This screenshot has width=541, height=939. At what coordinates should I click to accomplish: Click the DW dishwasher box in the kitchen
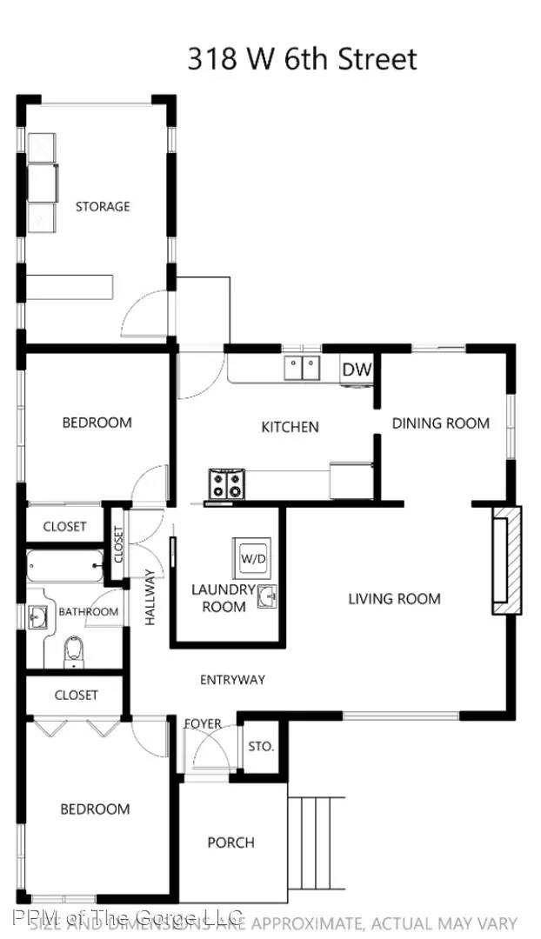pyautogui.click(x=357, y=370)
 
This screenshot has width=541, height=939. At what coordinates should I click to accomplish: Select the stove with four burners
pyautogui.click(x=226, y=483)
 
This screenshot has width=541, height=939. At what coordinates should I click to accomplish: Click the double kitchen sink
pyautogui.click(x=302, y=369)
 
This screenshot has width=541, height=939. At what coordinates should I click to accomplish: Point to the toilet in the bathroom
pyautogui.click(x=75, y=652)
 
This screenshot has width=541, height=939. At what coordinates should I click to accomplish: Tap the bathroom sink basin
pyautogui.click(x=38, y=618)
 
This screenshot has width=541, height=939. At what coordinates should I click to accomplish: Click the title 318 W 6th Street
pyautogui.click(x=302, y=58)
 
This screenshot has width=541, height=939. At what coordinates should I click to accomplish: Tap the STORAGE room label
pyautogui.click(x=103, y=206)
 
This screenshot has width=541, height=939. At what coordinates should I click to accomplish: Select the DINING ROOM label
pyautogui.click(x=440, y=423)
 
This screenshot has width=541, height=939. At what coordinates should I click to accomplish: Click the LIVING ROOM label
pyautogui.click(x=394, y=598)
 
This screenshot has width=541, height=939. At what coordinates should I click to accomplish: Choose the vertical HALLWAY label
pyautogui.click(x=150, y=597)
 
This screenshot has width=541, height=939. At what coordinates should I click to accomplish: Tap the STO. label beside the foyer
pyautogui.click(x=261, y=746)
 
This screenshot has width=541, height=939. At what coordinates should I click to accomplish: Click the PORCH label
pyautogui.click(x=231, y=842)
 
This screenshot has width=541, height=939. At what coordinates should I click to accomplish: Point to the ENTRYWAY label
pyautogui.click(x=232, y=679)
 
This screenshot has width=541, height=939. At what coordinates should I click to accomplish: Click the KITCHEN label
pyautogui.click(x=290, y=427)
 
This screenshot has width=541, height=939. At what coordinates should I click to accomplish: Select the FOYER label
pyautogui.click(x=203, y=723)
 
